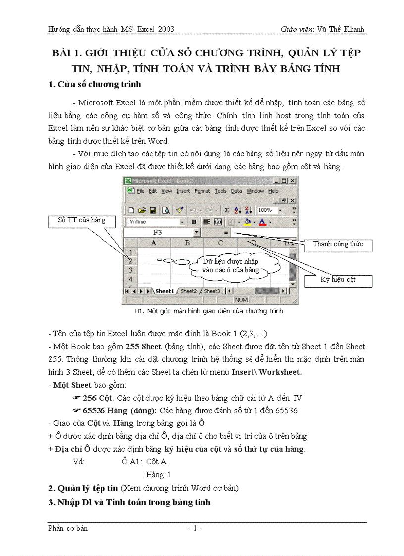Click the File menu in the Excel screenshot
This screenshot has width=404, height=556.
pyautogui.click(x=140, y=191)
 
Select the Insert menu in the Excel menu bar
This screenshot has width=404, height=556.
pyautogui.click(x=183, y=191)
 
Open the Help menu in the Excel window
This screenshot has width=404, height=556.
pyautogui.click(x=273, y=191)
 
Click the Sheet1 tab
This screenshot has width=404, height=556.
pyautogui.click(x=164, y=291)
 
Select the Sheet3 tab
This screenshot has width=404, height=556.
pyautogui.click(x=212, y=291)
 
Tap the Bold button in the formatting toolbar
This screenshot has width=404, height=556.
pyautogui.click(x=194, y=222)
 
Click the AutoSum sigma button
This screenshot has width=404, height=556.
pyautogui.click(x=227, y=210)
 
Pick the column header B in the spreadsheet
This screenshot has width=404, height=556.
pyautogui.click(x=187, y=243)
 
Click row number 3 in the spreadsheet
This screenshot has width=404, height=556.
pyautogui.click(x=130, y=270)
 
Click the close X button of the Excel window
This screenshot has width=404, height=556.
pyautogui.click(x=293, y=181)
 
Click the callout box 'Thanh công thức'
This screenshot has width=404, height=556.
pyautogui.click(x=338, y=244)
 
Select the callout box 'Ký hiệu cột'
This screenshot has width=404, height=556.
pyautogui.click(x=338, y=280)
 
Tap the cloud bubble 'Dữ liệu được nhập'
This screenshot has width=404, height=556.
pyautogui.click(x=231, y=266)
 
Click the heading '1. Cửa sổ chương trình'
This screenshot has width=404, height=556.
pyautogui.click(x=95, y=84)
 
